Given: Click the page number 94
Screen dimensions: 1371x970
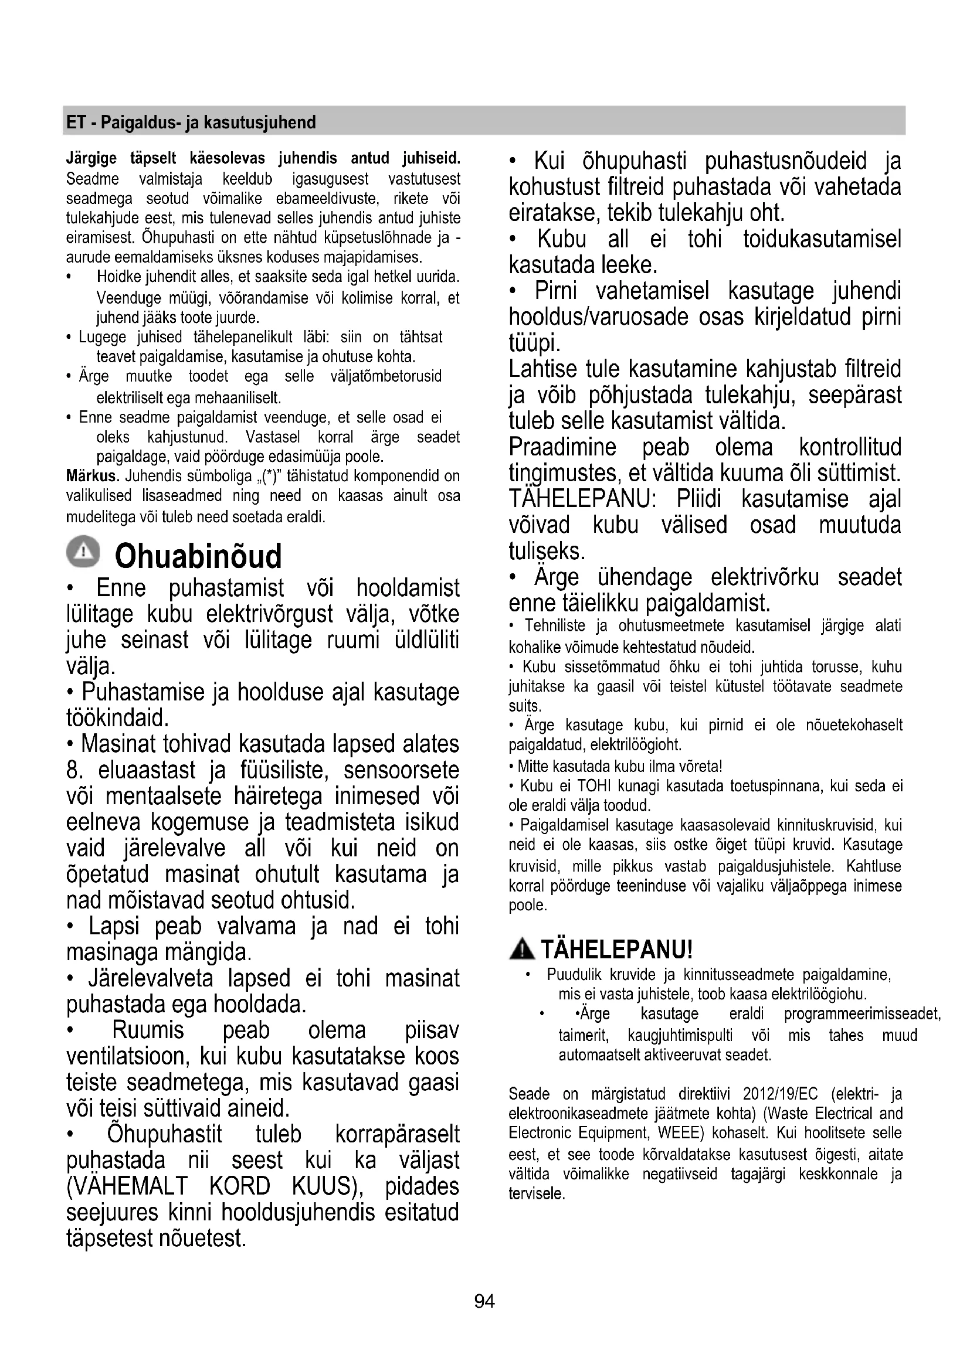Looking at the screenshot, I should [484, 1301].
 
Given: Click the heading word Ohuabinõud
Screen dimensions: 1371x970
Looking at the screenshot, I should [198, 556].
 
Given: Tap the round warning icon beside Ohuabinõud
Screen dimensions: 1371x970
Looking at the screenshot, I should [84, 551].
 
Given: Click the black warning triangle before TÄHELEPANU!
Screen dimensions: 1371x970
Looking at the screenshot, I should [523, 949].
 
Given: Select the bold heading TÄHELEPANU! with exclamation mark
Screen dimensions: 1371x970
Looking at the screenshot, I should [616, 949].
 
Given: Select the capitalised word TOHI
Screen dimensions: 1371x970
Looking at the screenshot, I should [592, 786].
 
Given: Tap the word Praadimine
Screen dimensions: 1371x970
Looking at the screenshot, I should [562, 447].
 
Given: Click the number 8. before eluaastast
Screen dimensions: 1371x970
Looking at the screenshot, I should [74, 770].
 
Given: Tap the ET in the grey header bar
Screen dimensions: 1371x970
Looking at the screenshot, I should [74, 123].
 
